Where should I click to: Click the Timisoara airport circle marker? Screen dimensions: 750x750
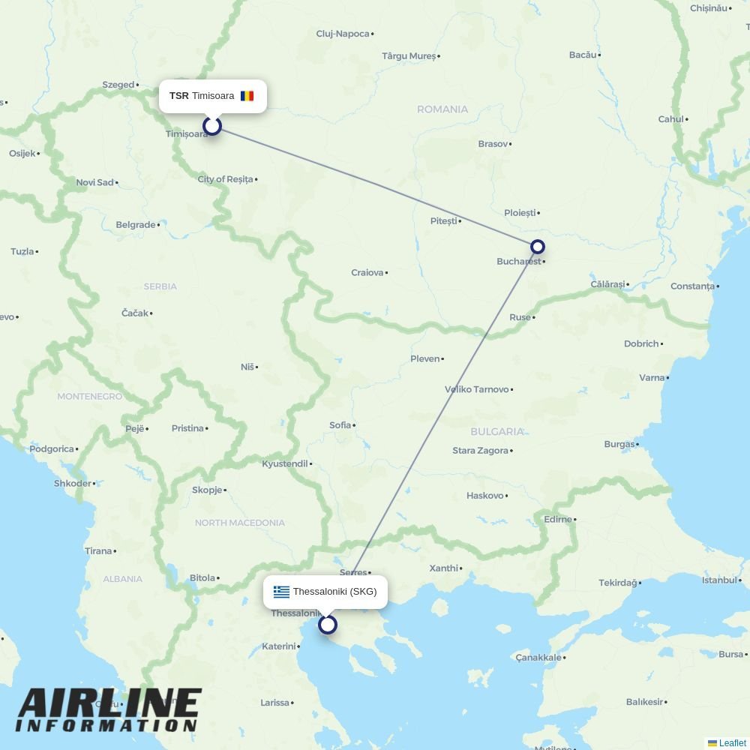212,125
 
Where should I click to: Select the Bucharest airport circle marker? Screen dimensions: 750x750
537,247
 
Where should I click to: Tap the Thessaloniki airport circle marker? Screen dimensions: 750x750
328,624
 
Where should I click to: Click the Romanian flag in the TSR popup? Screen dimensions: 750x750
247,96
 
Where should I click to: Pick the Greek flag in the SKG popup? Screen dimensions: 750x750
281,592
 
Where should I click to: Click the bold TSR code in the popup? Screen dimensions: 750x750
179,96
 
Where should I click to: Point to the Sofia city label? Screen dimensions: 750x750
340,425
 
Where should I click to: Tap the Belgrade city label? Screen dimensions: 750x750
136,225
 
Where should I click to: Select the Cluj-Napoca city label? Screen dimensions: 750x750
343,34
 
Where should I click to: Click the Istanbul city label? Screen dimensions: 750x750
719,580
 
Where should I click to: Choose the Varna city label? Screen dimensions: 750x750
652,378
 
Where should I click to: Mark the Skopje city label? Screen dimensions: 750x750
207,490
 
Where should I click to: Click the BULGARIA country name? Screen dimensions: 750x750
497,432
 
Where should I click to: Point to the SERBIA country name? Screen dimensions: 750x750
160,286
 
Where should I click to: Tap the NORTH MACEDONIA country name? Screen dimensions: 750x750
240,523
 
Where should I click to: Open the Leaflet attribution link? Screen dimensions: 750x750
732,743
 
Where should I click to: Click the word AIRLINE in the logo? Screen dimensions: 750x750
109,704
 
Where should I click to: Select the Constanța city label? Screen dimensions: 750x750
692,286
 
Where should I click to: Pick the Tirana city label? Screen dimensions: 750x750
98,551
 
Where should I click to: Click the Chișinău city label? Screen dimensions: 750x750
709,8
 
